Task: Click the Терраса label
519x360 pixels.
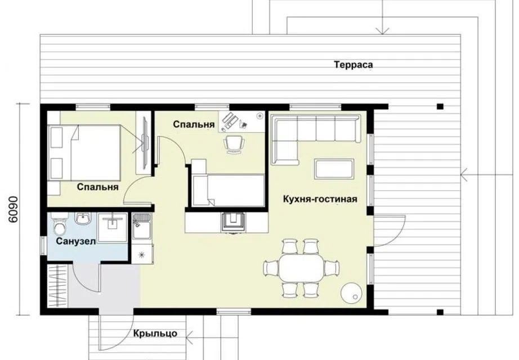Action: [353, 65]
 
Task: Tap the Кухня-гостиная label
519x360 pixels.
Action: [320, 199]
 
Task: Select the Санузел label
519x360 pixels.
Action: [76, 241]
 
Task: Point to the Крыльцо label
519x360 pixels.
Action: [155, 334]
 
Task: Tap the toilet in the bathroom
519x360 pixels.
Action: [60, 224]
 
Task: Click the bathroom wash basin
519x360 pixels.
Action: [83, 218]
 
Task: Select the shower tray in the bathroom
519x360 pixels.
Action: [113, 228]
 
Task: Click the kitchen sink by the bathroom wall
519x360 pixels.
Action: [142, 226]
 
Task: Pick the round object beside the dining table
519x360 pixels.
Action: [351, 292]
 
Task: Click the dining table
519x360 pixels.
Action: [301, 268]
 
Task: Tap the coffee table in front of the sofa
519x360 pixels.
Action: [334, 169]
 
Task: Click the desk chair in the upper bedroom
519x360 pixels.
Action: [234, 144]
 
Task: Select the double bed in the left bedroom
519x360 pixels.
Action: [84, 152]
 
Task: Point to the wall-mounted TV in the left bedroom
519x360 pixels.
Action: [145, 144]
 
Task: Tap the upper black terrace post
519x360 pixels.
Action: [440, 106]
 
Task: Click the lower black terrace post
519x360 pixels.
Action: [440, 312]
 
